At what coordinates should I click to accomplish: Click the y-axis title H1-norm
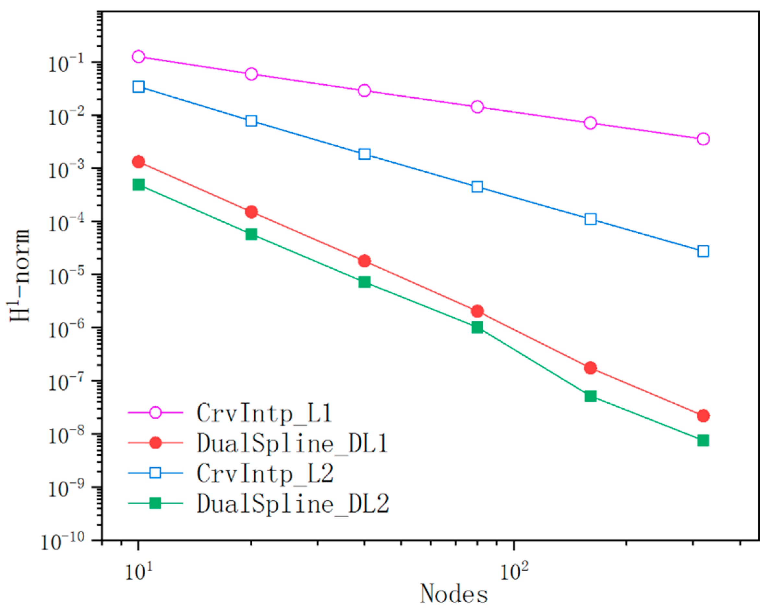click(20, 276)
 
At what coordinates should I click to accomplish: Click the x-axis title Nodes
click(453, 594)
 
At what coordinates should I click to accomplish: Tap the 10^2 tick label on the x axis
click(513, 572)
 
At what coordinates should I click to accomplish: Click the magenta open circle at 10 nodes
click(139, 56)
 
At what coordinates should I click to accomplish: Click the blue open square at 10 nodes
click(139, 87)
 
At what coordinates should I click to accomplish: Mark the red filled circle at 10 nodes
click(139, 162)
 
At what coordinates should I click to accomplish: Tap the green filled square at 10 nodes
click(139, 185)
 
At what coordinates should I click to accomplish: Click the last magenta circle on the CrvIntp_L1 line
click(703, 139)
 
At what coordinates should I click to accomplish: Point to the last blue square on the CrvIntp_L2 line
click(703, 251)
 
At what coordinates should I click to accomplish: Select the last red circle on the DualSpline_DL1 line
click(703, 416)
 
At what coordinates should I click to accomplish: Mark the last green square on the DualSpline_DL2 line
click(703, 440)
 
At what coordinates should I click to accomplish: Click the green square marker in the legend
click(155, 503)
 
